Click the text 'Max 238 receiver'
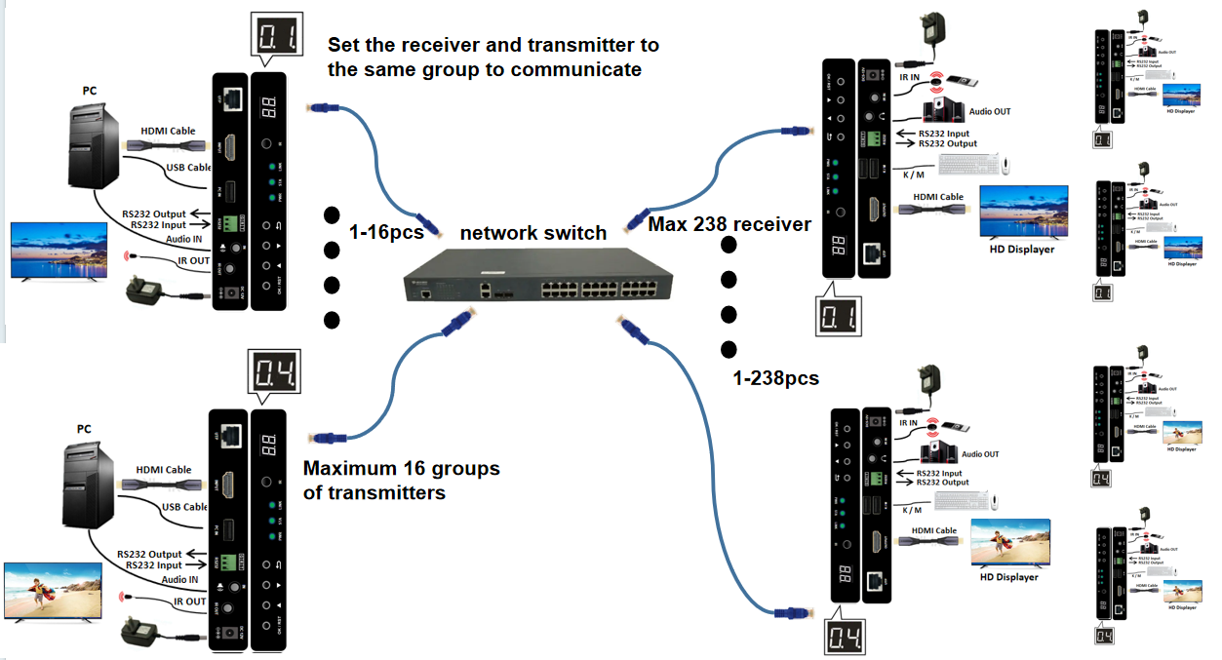[729, 225]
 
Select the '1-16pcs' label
[385, 232]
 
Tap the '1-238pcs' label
[776, 378]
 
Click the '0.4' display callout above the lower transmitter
[276, 373]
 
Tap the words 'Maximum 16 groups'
[401, 469]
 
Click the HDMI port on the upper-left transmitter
[230, 150]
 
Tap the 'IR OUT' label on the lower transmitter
[191, 602]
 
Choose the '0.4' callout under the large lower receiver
[845, 639]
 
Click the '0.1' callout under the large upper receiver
[839, 316]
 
